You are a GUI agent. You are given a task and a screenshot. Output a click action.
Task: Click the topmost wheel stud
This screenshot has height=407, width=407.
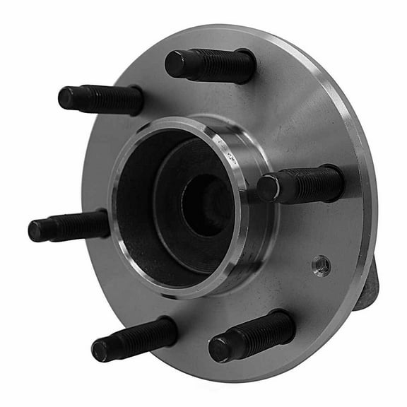click(x=211, y=66)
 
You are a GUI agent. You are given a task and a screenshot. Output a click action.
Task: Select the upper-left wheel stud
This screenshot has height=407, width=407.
click(x=101, y=99)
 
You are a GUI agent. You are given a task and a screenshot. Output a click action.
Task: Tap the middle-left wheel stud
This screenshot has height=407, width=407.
click(x=69, y=226)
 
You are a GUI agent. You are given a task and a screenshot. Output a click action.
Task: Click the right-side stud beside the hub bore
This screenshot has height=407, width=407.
click(x=301, y=184)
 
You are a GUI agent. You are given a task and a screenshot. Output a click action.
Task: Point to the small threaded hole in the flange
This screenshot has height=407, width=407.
click(x=321, y=265)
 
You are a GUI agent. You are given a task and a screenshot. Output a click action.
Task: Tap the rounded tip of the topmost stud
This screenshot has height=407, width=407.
click(x=175, y=63)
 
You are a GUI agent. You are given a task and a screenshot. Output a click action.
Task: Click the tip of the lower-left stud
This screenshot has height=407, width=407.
click(x=101, y=349)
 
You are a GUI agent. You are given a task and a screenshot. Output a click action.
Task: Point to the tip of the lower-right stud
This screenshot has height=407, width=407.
click(x=220, y=348)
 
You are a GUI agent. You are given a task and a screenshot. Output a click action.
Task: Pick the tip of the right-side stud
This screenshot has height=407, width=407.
click(x=267, y=189)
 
